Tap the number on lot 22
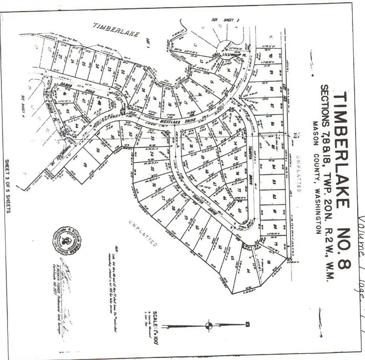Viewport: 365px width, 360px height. pos(123,74)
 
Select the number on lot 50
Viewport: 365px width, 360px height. pos(97,150)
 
